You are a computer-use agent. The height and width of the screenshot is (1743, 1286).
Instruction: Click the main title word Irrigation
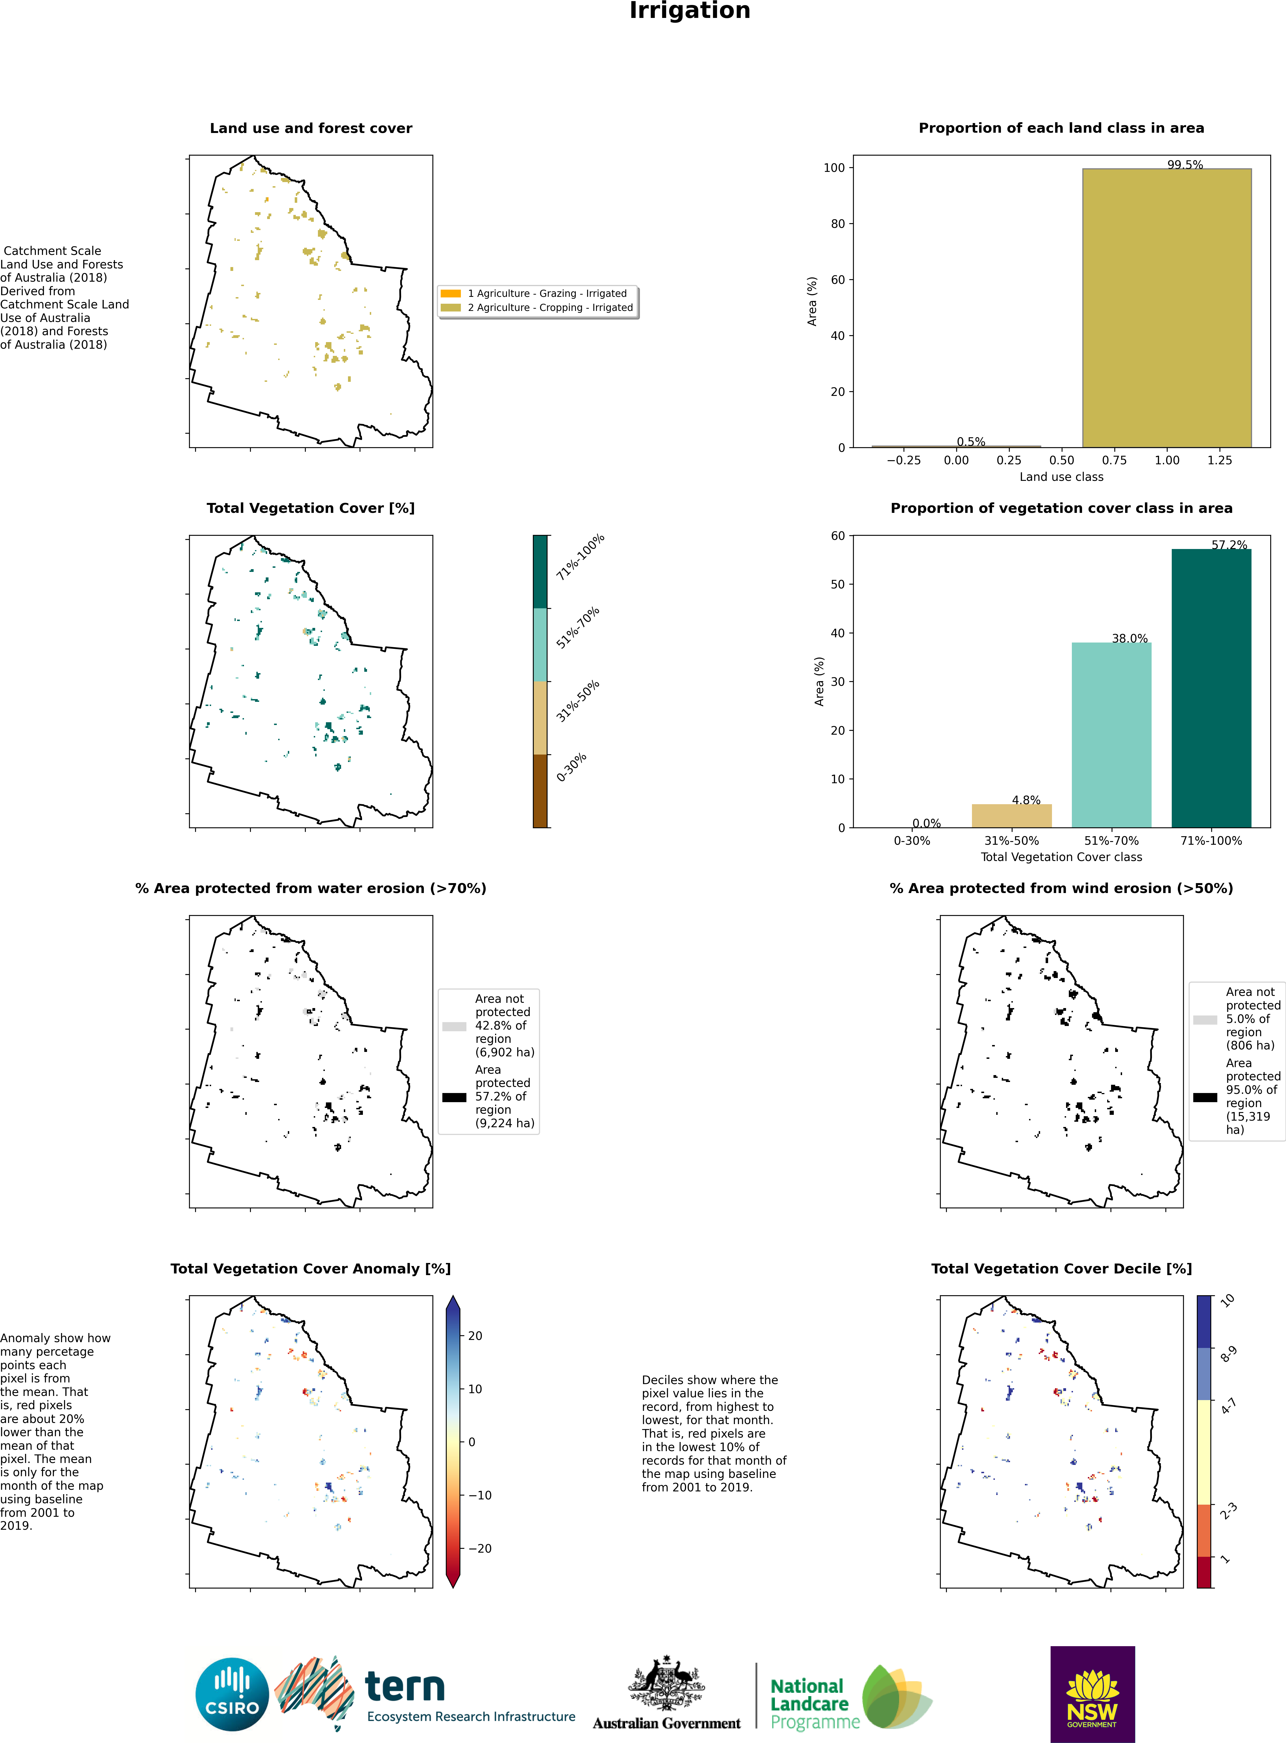click(x=690, y=11)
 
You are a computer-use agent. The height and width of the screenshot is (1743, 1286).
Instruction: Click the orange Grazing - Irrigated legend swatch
click(x=451, y=293)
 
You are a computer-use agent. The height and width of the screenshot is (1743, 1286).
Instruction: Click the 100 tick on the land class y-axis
click(x=834, y=167)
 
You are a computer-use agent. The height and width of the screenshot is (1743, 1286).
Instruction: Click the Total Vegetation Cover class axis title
click(x=1061, y=857)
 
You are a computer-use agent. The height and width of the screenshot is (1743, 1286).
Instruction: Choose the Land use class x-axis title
click(x=1061, y=477)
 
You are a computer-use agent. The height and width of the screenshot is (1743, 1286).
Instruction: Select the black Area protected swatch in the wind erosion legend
click(x=1205, y=1097)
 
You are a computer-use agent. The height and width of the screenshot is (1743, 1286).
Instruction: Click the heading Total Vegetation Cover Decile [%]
click(x=1061, y=1268)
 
